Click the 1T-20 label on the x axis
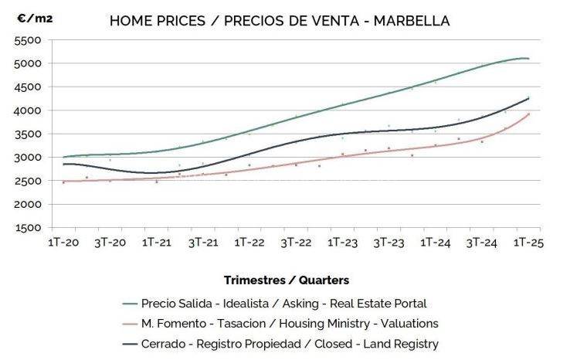(x=63, y=242)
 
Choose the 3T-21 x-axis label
(x=202, y=242)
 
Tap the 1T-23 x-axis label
(x=342, y=242)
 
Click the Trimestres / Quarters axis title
(x=286, y=280)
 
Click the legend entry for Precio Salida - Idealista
(x=283, y=304)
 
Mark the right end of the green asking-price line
(x=529, y=59)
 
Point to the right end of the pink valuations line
(x=529, y=114)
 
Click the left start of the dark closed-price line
(x=63, y=164)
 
